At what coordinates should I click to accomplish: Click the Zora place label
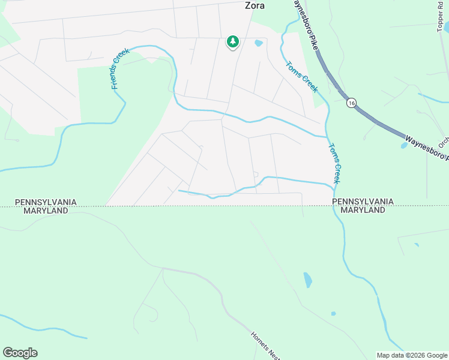(x=255, y=6)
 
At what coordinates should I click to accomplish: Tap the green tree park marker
(x=232, y=41)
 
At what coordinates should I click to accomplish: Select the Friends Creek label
(x=121, y=69)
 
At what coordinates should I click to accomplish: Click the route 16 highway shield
(x=351, y=103)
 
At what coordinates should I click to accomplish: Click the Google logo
(x=20, y=353)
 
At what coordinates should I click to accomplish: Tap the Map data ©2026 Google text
(x=412, y=355)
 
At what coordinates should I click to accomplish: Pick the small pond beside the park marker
(x=259, y=43)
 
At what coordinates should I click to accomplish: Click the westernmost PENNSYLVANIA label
(x=46, y=202)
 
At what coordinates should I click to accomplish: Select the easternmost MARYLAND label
(x=363, y=211)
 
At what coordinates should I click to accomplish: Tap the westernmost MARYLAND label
(x=46, y=211)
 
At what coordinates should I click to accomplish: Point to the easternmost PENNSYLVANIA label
(x=363, y=202)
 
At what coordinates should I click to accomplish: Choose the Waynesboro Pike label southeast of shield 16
(x=426, y=148)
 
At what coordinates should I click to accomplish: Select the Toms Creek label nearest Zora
(x=301, y=77)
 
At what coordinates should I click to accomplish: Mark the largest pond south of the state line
(x=308, y=280)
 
